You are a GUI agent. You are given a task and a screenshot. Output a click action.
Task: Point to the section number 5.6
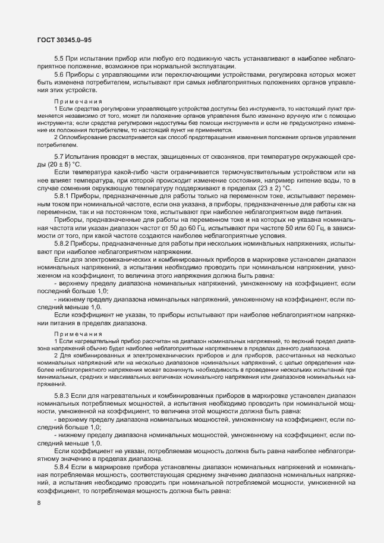point(59,76)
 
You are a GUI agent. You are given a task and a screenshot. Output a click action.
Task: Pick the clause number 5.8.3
point(62,396)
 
